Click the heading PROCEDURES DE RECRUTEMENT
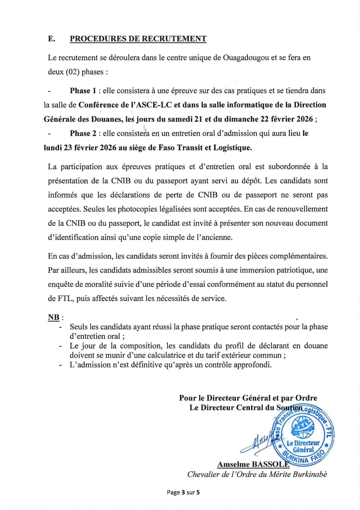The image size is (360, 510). pyautogui.click(x=138, y=39)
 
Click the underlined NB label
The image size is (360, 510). pyautogui.click(x=54, y=317)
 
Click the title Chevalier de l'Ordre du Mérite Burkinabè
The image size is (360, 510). pyautogui.click(x=257, y=474)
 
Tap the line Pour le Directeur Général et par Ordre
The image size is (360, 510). pyautogui.click(x=248, y=398)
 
